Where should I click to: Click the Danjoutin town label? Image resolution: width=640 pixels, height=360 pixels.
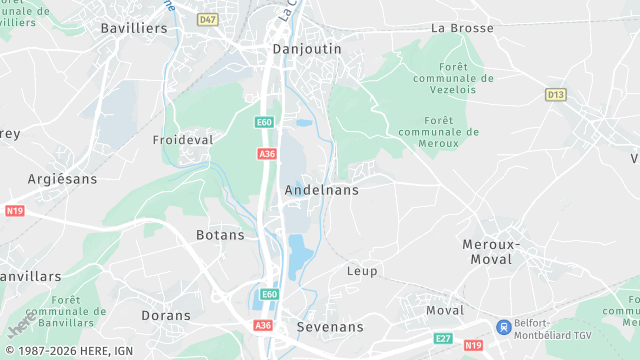pyautogui.click(x=307, y=48)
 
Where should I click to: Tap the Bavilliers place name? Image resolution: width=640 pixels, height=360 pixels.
pyautogui.click(x=134, y=28)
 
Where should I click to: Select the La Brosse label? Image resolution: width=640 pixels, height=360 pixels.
pyautogui.click(x=462, y=28)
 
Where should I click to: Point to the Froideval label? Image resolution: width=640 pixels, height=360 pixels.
pyautogui.click(x=183, y=140)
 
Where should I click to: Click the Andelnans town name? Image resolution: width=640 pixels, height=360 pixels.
pyautogui.click(x=321, y=189)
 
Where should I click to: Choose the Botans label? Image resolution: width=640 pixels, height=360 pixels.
pyautogui.click(x=214, y=235)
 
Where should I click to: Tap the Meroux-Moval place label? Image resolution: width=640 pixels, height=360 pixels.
pyautogui.click(x=487, y=252)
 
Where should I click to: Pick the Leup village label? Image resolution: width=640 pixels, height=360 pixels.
pyautogui.click(x=362, y=271)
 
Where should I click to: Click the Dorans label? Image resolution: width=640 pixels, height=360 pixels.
pyautogui.click(x=166, y=315)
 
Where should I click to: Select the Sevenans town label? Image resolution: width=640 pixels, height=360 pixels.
pyautogui.click(x=330, y=327)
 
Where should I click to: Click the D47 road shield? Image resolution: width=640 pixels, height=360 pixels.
pyautogui.click(x=207, y=19)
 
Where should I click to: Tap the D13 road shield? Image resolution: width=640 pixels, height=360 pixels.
pyautogui.click(x=556, y=94)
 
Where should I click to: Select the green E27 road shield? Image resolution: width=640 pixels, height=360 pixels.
pyautogui.click(x=443, y=339)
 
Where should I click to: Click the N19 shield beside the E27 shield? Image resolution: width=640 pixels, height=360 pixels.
pyautogui.click(x=473, y=345)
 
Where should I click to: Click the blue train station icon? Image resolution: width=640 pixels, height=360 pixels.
pyautogui.click(x=504, y=326)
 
